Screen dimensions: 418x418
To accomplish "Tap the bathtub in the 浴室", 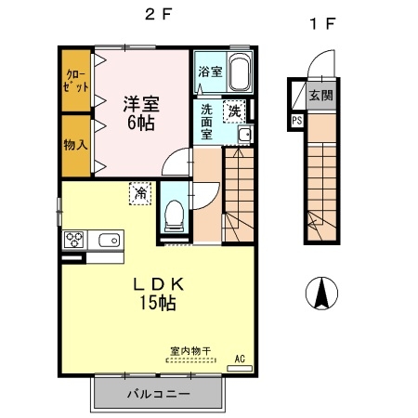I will click(x=240, y=72).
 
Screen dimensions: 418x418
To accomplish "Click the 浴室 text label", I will click(x=209, y=71).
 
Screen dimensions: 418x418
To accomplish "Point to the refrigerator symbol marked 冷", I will click(x=138, y=193).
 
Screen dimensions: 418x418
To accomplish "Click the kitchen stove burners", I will click(x=75, y=240).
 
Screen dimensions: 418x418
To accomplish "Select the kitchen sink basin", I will click(x=108, y=240).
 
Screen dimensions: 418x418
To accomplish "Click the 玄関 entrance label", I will click(x=320, y=94).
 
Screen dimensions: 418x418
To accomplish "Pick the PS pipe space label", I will click(x=296, y=120).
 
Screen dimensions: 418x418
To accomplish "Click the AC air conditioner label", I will click(x=240, y=358).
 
